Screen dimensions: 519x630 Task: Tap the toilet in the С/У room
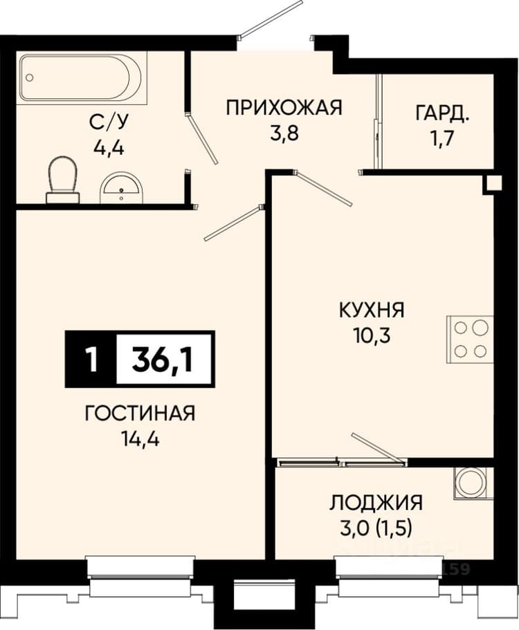(63, 180)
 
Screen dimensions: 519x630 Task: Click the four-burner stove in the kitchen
(470, 340)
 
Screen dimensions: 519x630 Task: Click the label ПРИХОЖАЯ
(284, 108)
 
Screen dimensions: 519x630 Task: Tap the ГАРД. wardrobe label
(442, 113)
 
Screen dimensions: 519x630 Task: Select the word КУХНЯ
(372, 311)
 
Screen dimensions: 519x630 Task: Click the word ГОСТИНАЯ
(140, 413)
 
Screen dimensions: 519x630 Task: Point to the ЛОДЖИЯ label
(376, 503)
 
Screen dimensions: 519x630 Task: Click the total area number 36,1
(163, 359)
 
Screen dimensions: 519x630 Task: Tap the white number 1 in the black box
(92, 359)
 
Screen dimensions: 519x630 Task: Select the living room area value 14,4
(140, 439)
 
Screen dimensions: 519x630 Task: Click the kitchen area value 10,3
(372, 336)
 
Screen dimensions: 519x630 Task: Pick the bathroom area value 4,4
(109, 148)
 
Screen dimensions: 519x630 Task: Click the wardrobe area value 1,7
(442, 138)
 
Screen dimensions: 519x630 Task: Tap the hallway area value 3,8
(284, 133)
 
